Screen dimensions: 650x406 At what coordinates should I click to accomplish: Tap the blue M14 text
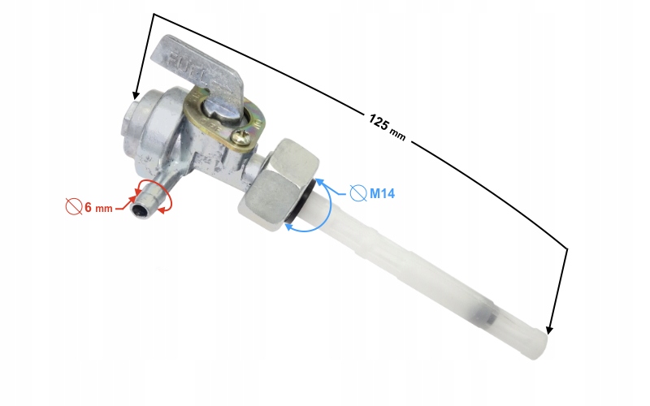click(382, 193)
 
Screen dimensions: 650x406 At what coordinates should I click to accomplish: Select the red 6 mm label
click(98, 207)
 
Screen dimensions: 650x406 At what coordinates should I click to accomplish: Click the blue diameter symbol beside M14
click(358, 193)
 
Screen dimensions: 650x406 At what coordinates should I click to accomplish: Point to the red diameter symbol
click(74, 206)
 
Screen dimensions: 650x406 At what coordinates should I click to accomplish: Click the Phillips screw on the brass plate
click(241, 137)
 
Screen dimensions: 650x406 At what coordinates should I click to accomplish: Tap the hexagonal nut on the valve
click(279, 184)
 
